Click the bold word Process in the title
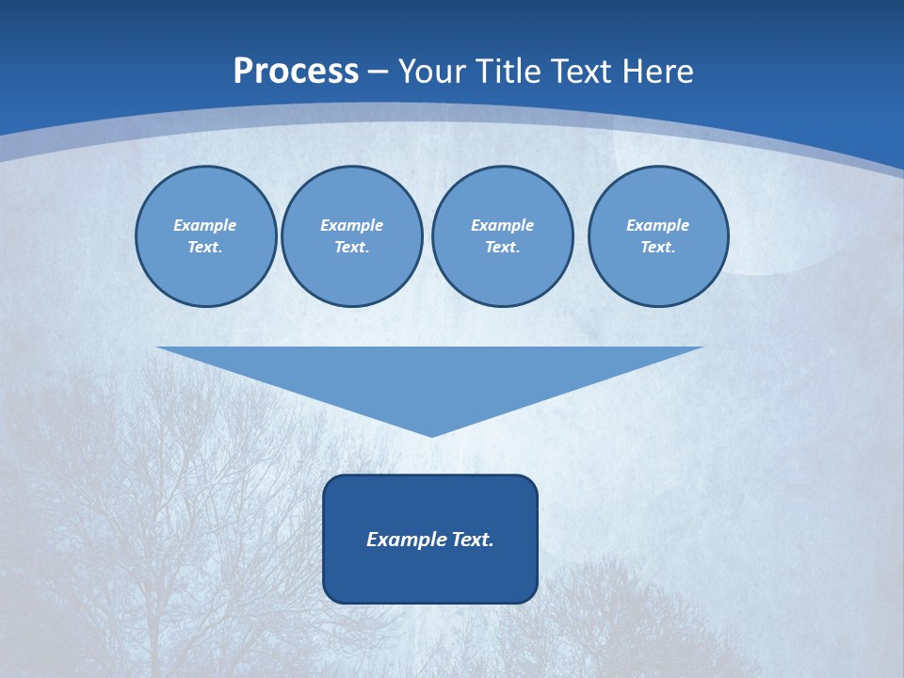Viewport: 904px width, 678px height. click(296, 72)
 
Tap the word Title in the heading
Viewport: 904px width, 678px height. click(513, 72)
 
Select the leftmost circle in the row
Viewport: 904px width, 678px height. click(205, 236)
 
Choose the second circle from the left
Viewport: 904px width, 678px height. click(351, 236)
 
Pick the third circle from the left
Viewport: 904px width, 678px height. click(502, 236)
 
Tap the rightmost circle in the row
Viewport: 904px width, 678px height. click(657, 236)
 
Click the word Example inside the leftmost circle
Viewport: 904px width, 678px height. click(205, 225)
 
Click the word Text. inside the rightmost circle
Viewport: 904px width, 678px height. click(657, 248)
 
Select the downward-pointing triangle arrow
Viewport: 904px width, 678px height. click(430, 377)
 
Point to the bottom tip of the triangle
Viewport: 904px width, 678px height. click(431, 434)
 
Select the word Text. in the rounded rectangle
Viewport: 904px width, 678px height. click(473, 540)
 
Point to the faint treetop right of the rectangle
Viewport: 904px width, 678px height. click(621, 603)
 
